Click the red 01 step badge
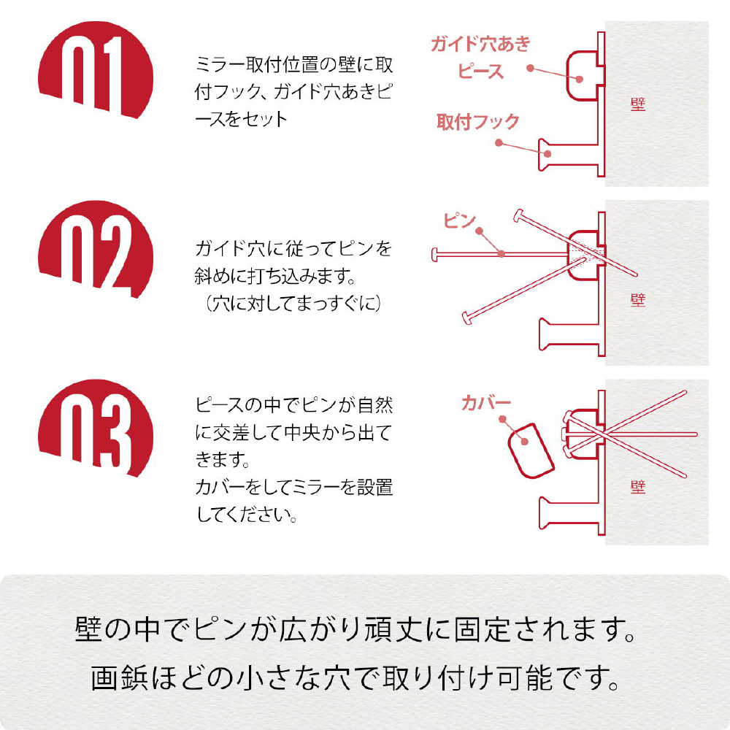tap(96, 70)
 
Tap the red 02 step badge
tap(96, 249)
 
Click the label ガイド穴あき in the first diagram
tap(480, 44)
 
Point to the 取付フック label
tap(477, 121)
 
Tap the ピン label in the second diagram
tap(459, 220)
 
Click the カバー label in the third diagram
tap(486, 403)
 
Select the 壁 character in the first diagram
tap(638, 104)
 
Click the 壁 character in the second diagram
tap(638, 300)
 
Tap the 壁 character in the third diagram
tap(638, 487)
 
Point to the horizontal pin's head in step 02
tap(435, 255)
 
